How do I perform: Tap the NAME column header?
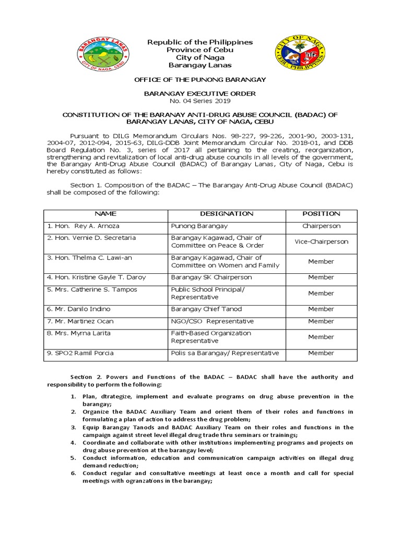click(x=105, y=214)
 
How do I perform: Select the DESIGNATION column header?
click(x=227, y=214)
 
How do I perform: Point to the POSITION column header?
click(x=321, y=214)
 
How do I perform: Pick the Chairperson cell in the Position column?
click(x=321, y=226)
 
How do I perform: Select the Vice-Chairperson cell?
click(x=321, y=241)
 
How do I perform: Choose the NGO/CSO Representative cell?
click(x=213, y=321)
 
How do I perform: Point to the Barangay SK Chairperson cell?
click(x=211, y=277)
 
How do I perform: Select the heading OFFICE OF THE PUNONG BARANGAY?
click(x=200, y=79)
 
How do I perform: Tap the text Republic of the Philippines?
click(x=200, y=42)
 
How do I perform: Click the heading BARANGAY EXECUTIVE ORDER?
click(x=200, y=93)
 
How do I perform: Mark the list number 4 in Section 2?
click(x=74, y=443)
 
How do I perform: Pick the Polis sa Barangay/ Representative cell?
click(x=225, y=353)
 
